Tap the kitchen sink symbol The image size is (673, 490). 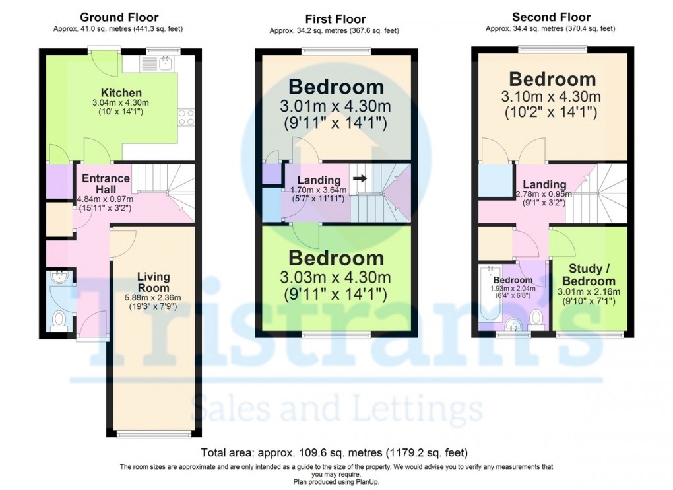[x=164, y=63]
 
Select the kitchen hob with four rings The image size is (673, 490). [x=186, y=118]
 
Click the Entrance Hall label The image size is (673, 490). [x=106, y=184]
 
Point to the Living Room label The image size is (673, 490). [x=153, y=282]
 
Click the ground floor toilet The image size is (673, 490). [x=59, y=318]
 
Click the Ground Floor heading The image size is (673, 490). [x=119, y=17]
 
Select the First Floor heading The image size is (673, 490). [x=335, y=19]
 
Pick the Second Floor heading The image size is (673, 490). [x=551, y=17]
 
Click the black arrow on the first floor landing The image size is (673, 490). [x=360, y=178]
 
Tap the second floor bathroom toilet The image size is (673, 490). [x=537, y=317]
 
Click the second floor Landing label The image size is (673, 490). [x=544, y=184]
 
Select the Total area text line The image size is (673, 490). [x=335, y=453]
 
